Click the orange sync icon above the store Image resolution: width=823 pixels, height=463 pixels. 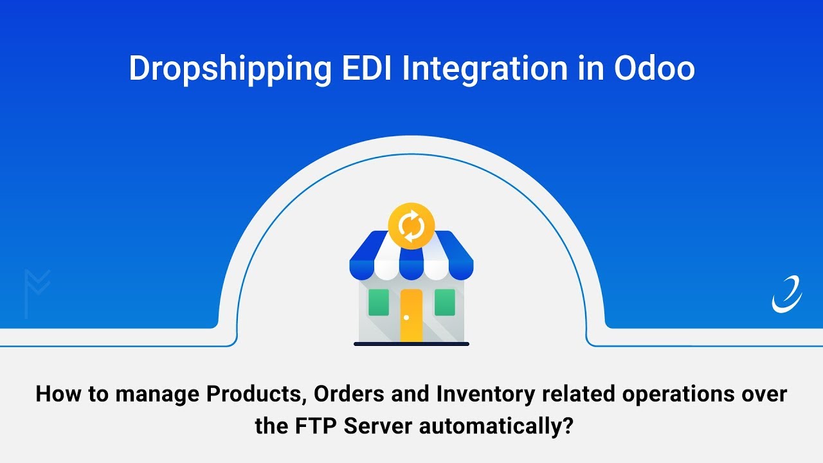click(411, 226)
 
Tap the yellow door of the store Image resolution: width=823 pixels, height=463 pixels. click(411, 315)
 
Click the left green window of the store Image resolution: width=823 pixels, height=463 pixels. click(378, 302)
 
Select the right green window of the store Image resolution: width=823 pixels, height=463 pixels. click(445, 302)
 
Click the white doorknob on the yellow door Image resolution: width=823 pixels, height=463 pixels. click(406, 317)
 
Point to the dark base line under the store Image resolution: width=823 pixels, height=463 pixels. click(411, 344)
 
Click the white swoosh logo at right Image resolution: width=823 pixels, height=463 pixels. click(787, 295)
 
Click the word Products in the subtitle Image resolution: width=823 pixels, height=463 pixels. click(257, 394)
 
